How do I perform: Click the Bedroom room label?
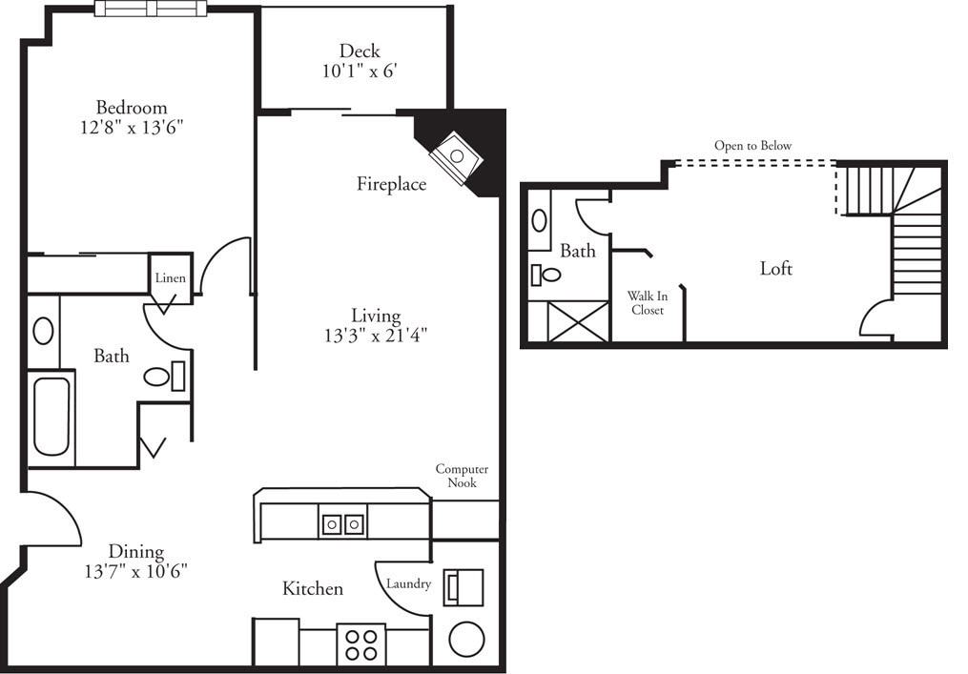click(x=132, y=108)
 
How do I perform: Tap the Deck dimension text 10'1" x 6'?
click(x=359, y=70)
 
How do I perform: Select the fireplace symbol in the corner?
click(x=455, y=156)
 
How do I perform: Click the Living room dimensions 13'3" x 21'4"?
click(x=376, y=335)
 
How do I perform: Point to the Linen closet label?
click(x=171, y=278)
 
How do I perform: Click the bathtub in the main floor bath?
click(x=51, y=417)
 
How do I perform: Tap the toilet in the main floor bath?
click(x=163, y=377)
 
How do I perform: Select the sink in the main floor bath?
click(x=43, y=331)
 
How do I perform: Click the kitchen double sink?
click(x=342, y=524)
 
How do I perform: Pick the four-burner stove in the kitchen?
click(x=360, y=644)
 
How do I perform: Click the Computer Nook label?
click(x=462, y=476)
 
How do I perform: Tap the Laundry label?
click(x=408, y=583)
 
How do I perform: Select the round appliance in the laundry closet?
click(x=466, y=640)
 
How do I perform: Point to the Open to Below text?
click(x=752, y=146)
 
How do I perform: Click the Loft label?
click(x=775, y=269)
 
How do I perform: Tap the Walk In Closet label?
click(x=647, y=303)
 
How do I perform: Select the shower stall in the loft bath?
click(x=568, y=321)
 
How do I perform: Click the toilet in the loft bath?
click(x=546, y=276)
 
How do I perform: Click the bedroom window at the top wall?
click(x=151, y=9)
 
